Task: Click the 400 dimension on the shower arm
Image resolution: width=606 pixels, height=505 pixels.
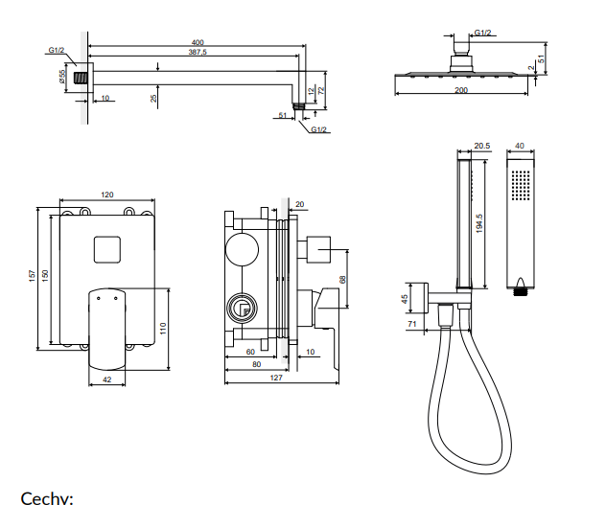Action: click(198, 43)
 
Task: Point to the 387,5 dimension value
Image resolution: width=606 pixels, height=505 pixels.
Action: click(198, 55)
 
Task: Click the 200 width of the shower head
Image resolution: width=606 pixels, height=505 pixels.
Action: click(461, 89)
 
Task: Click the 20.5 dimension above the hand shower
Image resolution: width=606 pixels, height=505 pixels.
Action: click(481, 147)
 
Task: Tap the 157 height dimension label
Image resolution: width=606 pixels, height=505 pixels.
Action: click(33, 276)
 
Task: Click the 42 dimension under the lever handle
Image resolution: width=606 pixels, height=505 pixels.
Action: click(106, 379)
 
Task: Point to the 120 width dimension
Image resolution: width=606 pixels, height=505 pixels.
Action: click(106, 195)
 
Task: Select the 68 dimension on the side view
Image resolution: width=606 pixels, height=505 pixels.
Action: click(341, 280)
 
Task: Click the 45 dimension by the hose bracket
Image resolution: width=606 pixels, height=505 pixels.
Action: click(405, 299)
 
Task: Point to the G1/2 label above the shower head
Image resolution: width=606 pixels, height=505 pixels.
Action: click(482, 34)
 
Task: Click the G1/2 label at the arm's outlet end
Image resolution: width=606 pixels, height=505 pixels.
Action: click(318, 129)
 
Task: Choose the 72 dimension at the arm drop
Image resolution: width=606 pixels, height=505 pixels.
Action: click(321, 89)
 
